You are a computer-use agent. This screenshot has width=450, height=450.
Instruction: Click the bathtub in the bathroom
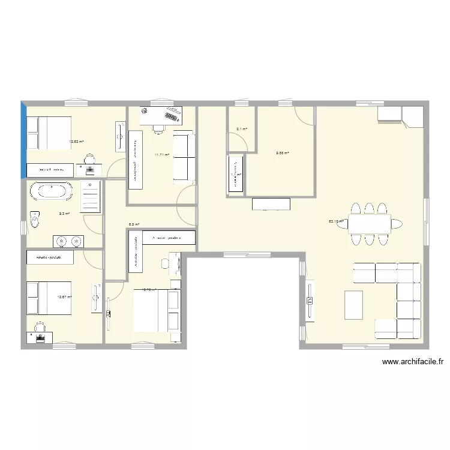click(x=52, y=191)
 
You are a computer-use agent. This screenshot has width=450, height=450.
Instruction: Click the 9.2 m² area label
click(x=64, y=213)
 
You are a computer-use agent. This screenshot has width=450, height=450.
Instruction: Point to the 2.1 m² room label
click(x=242, y=128)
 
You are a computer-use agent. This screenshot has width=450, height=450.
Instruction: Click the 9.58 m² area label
click(x=283, y=153)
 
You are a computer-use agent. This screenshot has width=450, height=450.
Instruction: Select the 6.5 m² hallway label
click(x=134, y=224)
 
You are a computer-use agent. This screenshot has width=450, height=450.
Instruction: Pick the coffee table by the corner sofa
click(x=354, y=305)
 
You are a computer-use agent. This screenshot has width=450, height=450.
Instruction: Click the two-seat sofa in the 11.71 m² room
click(x=184, y=157)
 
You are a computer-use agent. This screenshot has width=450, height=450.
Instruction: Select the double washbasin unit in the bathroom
click(x=68, y=241)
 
